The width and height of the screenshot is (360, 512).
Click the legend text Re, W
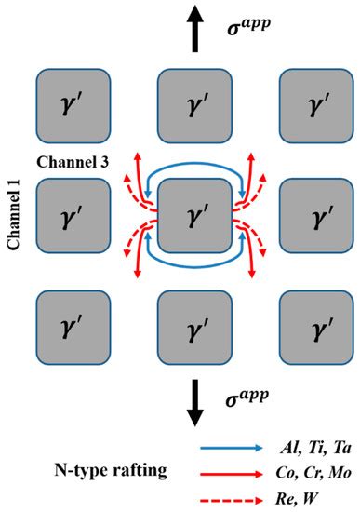click(x=303, y=494)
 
